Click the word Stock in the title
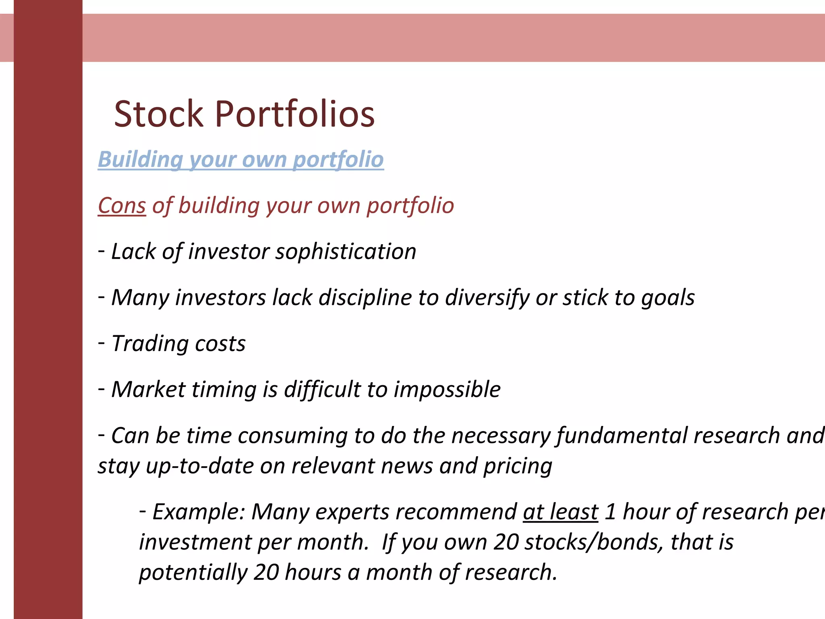click(158, 114)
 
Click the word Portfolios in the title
click(295, 114)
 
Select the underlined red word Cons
click(122, 206)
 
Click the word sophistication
click(346, 252)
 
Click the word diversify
click(487, 298)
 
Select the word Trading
click(149, 344)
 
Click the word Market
click(148, 390)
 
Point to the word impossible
click(447, 390)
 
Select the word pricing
click(518, 466)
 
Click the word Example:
click(199, 512)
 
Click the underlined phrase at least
click(560, 512)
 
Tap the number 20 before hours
click(266, 573)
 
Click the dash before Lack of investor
click(102, 250)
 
